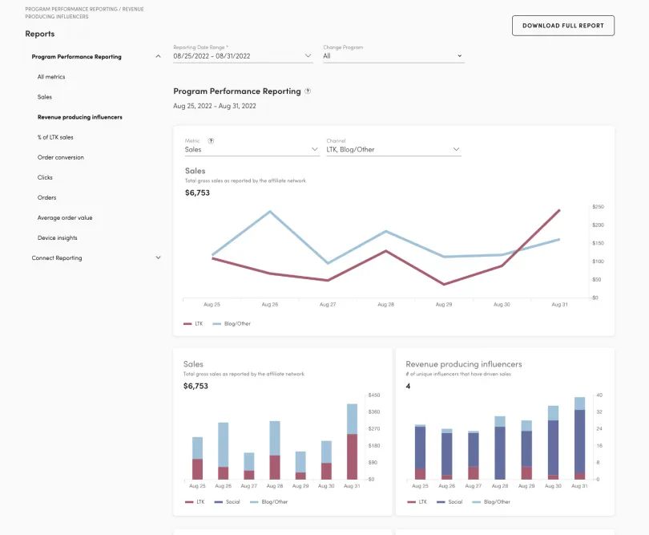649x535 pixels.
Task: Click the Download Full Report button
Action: click(x=563, y=26)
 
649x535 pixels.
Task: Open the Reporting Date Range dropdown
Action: click(x=243, y=56)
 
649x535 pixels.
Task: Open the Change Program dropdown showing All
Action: click(x=393, y=56)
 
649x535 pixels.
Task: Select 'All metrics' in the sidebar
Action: click(x=51, y=77)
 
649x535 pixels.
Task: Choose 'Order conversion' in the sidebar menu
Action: click(x=60, y=157)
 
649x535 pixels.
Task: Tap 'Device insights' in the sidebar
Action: click(x=57, y=238)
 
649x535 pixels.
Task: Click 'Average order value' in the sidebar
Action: click(x=65, y=217)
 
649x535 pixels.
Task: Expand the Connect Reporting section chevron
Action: click(x=158, y=257)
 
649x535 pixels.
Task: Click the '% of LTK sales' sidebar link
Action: click(x=55, y=137)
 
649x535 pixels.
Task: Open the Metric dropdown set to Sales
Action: click(x=252, y=150)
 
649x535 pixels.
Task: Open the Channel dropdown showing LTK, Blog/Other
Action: click(x=393, y=150)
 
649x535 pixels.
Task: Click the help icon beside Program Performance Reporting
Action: click(x=308, y=91)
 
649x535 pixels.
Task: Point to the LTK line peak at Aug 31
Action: click(x=559, y=210)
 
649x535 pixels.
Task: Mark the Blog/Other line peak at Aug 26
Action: click(x=270, y=212)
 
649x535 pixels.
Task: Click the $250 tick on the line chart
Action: click(x=598, y=206)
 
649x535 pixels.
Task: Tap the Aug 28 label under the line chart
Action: click(x=385, y=305)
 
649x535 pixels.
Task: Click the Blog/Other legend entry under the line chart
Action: click(x=232, y=324)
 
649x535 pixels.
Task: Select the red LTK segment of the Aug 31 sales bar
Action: click(x=352, y=456)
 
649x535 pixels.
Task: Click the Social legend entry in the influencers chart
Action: click(x=450, y=502)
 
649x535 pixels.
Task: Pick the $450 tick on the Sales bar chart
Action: click(x=374, y=395)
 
